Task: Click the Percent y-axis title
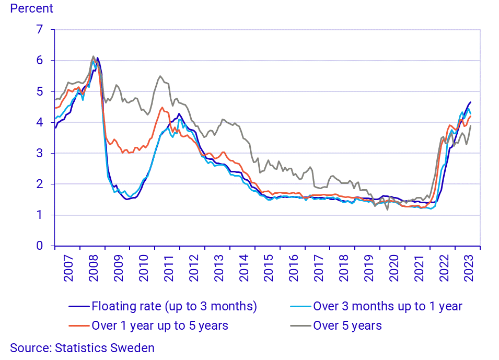[x=32, y=8]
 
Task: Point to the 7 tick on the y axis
[x=38, y=30]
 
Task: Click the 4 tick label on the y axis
[x=38, y=122]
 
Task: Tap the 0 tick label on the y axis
[x=38, y=246]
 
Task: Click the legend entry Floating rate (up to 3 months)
[x=174, y=306]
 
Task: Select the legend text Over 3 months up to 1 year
[x=387, y=306]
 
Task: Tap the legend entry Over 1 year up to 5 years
[x=159, y=326]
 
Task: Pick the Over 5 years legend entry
[x=347, y=326]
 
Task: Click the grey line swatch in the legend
[x=300, y=326]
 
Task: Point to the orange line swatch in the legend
[x=78, y=326]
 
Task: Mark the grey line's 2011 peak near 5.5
[x=160, y=76]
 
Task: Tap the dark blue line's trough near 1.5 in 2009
[x=127, y=199]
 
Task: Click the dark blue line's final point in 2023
[x=471, y=102]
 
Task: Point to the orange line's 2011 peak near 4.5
[x=163, y=108]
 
